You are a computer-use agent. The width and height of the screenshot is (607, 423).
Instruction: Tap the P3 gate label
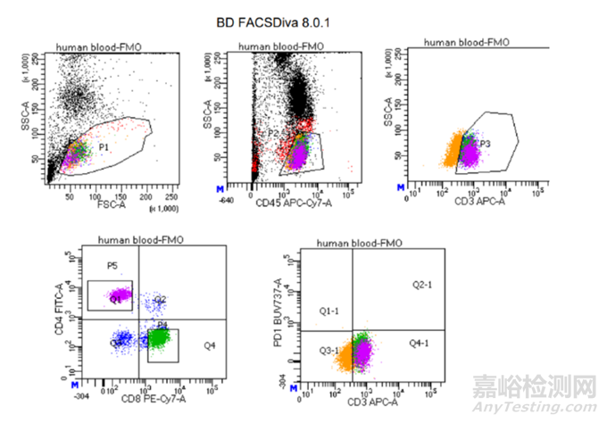click(486, 144)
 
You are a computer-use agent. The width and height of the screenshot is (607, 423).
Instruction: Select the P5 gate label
click(112, 266)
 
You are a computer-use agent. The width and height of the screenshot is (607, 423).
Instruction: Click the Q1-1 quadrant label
click(329, 311)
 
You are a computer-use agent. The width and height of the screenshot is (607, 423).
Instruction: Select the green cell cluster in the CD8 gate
click(160, 338)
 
